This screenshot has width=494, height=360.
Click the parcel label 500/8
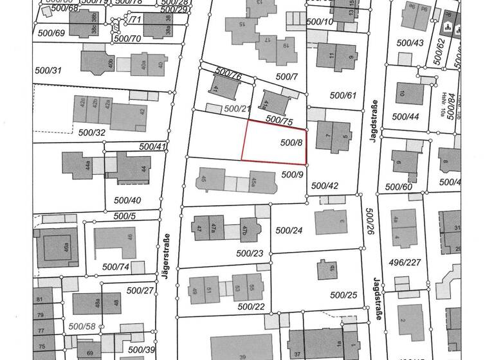292,142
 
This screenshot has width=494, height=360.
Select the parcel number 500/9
293,174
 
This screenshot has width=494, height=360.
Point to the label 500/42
324,185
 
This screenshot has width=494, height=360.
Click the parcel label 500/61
343,95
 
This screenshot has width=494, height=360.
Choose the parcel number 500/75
279,120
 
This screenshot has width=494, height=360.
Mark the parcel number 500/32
91,133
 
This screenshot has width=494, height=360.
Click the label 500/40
127,200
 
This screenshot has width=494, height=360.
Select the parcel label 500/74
116,266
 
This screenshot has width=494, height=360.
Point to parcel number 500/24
288,230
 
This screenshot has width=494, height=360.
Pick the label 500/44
405,117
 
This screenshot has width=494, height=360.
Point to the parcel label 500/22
251,306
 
